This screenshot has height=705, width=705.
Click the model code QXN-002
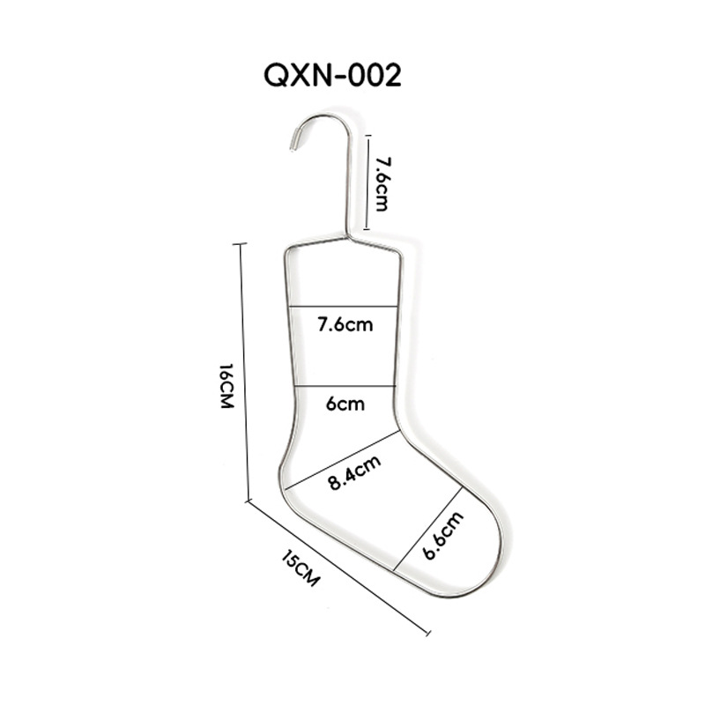click(332, 76)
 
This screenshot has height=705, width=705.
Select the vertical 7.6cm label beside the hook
click(382, 183)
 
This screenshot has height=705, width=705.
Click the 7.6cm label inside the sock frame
click(345, 324)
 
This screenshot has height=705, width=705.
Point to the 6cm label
click(345, 404)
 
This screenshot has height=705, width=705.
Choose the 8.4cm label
click(354, 471)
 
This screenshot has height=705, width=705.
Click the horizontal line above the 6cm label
click(344, 386)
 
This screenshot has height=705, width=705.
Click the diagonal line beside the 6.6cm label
click(428, 529)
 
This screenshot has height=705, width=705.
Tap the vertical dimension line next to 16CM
click(243, 370)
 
